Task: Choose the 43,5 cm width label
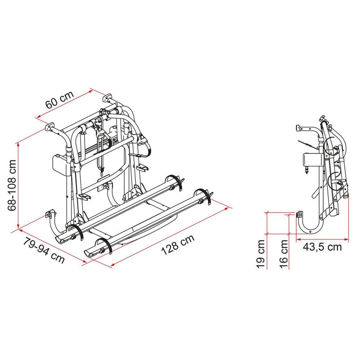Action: pos(322,246)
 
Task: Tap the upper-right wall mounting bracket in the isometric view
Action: pos(108,98)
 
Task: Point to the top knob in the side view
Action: pos(322,119)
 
